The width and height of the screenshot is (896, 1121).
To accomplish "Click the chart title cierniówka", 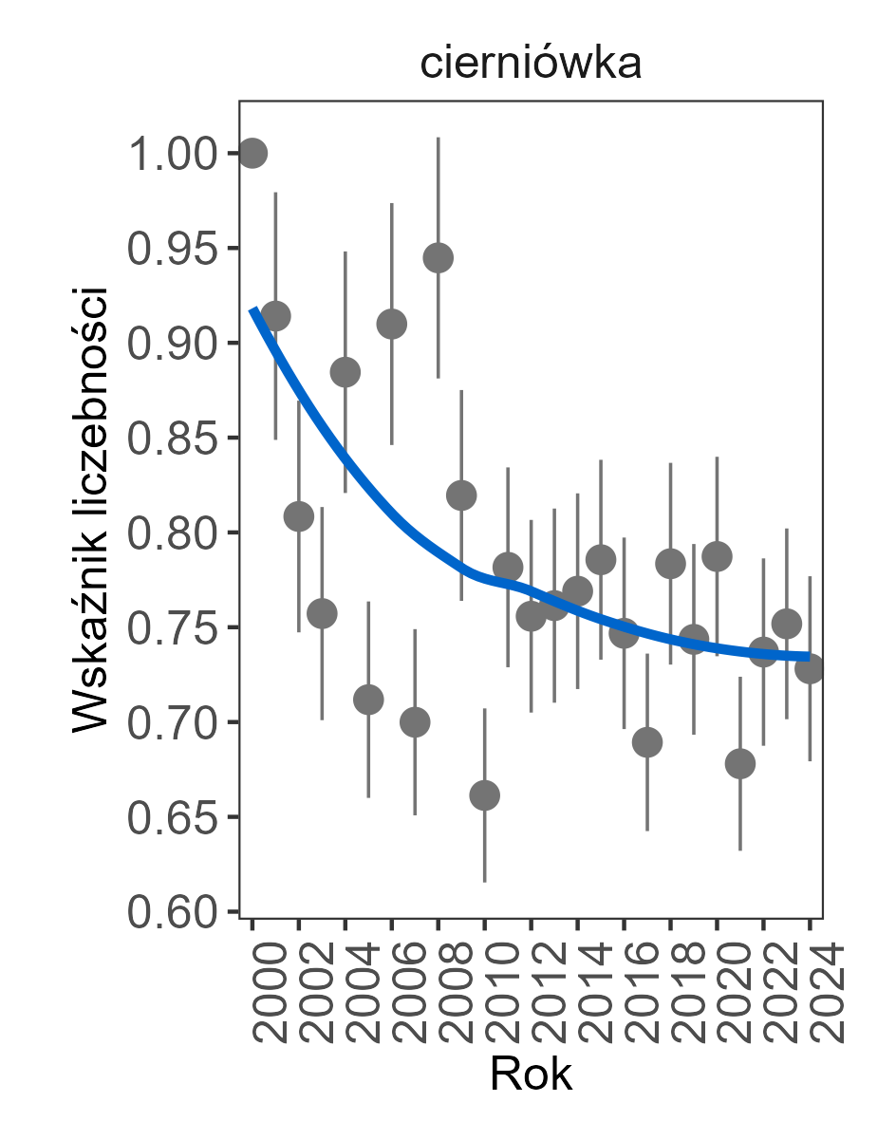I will (531, 65).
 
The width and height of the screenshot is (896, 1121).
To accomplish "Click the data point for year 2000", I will (252, 153).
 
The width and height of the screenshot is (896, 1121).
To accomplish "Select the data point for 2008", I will (438, 257).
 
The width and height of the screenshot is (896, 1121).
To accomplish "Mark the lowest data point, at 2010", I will (484, 795).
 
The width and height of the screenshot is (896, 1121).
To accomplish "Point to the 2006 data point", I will (391, 324).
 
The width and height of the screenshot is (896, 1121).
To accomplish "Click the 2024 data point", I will (810, 669).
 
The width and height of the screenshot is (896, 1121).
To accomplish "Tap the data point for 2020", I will (717, 556).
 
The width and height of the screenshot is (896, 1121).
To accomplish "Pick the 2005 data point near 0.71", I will (368, 700).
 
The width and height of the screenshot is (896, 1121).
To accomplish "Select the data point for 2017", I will (647, 742).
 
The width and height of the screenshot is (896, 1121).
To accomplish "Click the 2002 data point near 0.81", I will (299, 516).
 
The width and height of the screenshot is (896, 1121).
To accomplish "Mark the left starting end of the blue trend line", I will (253, 310).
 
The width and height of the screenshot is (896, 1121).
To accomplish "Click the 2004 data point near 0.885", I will (345, 372).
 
